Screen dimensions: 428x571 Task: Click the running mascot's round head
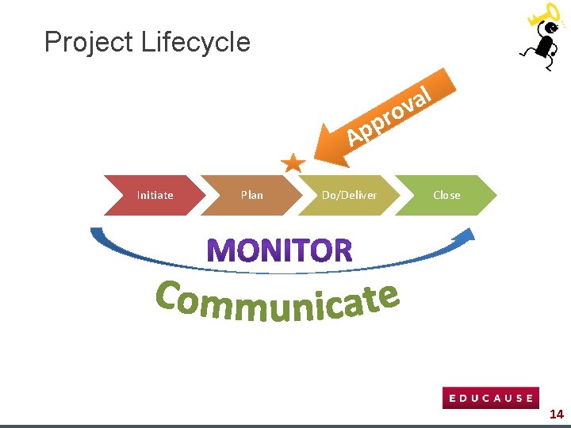[547, 29]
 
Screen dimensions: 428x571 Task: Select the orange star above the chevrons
[293, 163]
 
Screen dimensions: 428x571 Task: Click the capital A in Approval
[354, 137]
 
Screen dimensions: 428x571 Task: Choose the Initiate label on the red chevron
[155, 195]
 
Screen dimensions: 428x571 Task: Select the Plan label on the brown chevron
[251, 195]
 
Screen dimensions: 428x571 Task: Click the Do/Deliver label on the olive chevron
[349, 195]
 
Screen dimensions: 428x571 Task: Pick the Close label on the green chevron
[446, 195]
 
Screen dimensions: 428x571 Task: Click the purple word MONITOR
[280, 250]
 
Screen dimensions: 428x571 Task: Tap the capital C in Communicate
[170, 296]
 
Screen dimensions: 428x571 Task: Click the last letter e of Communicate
[386, 298]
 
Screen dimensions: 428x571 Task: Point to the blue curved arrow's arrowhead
[467, 235]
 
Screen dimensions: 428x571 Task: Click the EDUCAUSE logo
[490, 398]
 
